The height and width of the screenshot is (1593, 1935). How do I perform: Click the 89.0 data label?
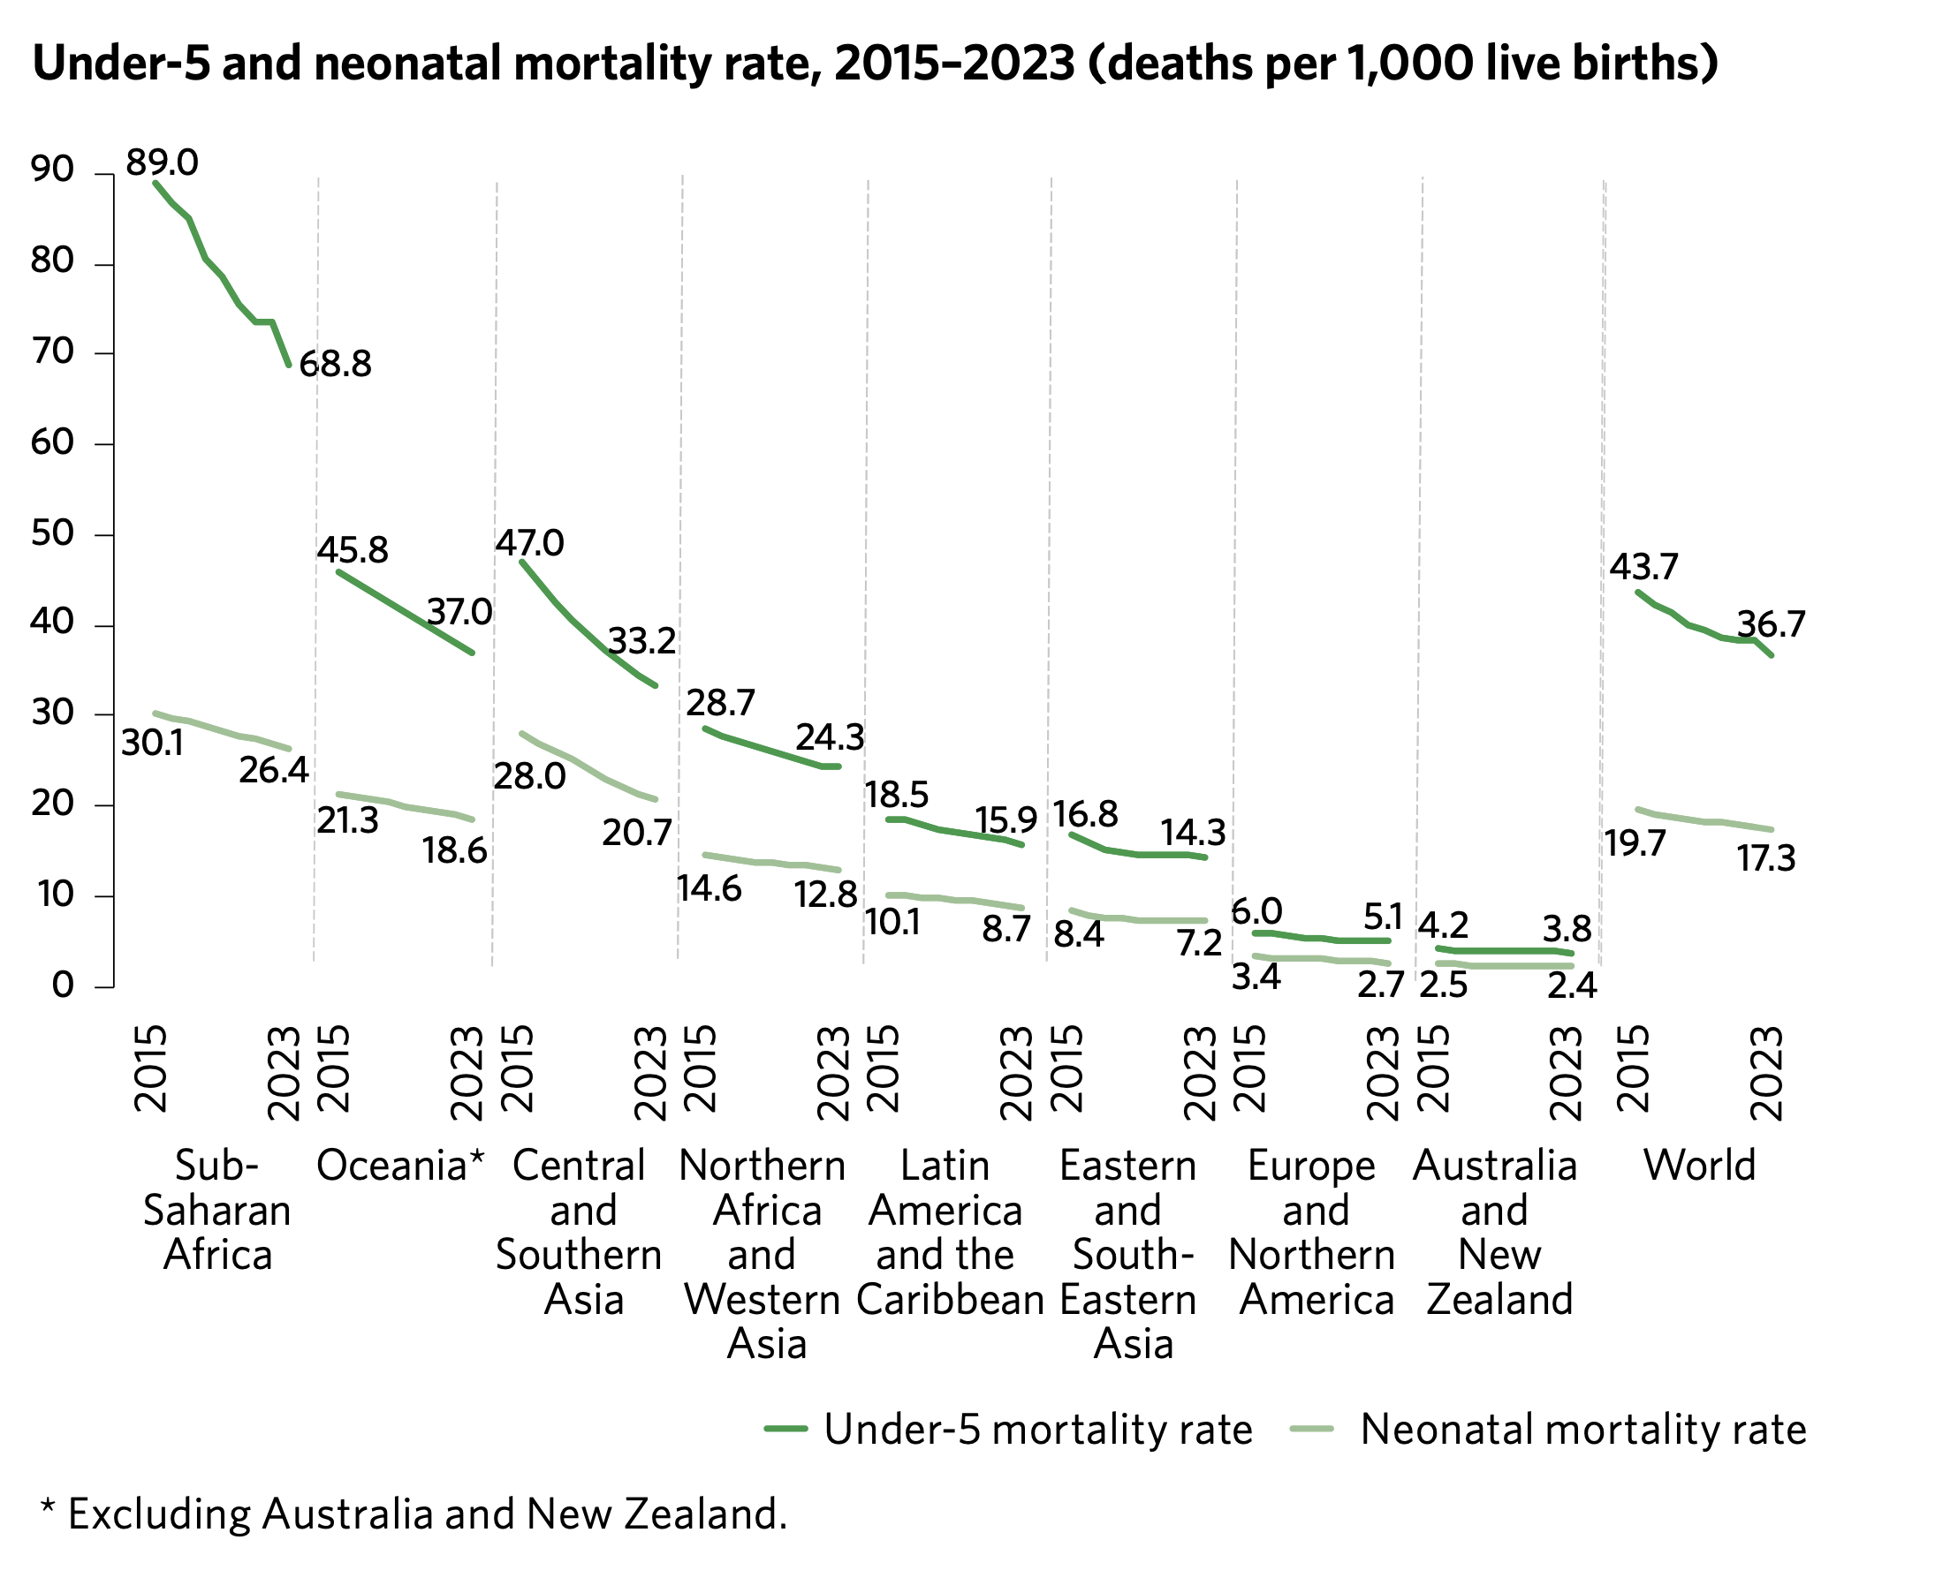click(162, 163)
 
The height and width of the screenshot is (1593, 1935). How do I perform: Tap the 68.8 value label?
click(335, 365)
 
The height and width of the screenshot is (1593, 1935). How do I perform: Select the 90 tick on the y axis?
click(51, 169)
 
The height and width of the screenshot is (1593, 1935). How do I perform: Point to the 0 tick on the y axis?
click(62, 985)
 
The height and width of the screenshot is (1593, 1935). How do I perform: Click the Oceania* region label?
click(399, 1166)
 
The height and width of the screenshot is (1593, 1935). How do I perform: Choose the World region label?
click(1698, 1166)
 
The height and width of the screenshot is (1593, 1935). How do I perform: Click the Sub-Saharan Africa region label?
click(216, 1211)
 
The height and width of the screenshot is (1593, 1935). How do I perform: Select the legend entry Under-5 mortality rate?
click(1037, 1430)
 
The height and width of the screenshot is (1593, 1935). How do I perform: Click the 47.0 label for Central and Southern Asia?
click(529, 543)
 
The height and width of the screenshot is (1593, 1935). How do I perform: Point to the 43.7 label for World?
click(1643, 567)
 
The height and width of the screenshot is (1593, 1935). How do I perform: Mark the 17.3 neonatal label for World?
click(1765, 859)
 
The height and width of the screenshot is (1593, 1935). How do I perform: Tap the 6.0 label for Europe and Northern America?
click(1256, 912)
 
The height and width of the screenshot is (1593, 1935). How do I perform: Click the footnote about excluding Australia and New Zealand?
click(414, 1515)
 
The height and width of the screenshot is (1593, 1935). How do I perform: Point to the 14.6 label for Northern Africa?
click(709, 888)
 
